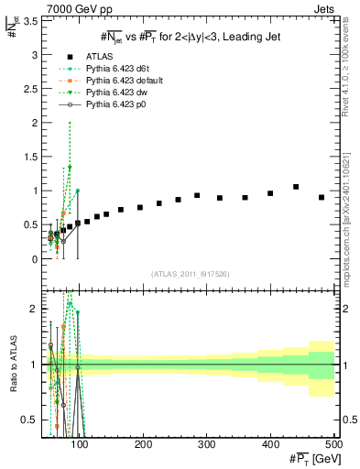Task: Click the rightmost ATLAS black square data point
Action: point(322,198)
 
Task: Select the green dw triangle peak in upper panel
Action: point(70,168)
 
